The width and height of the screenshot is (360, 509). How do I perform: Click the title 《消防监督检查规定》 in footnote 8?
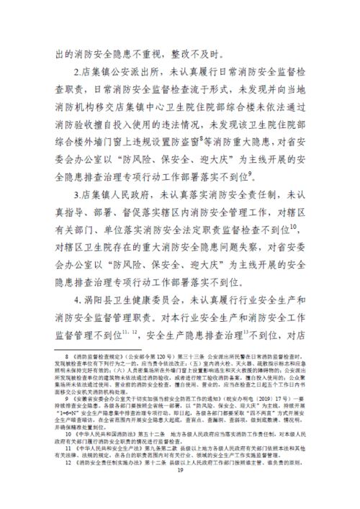[101, 356]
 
